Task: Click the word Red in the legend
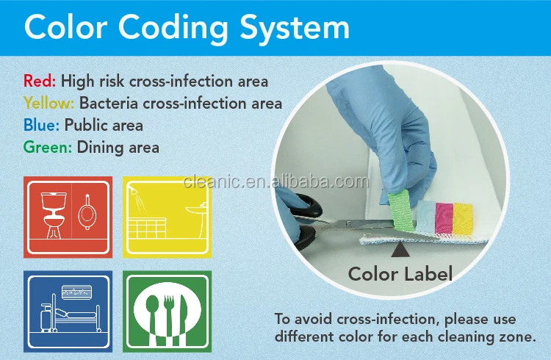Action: pyautogui.click(x=40, y=82)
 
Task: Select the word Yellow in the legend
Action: pyautogui.click(x=48, y=104)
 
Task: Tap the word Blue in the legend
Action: pyautogui.click(x=41, y=125)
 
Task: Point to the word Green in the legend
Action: pyautogui.click(x=48, y=147)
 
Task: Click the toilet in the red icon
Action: pyautogui.click(x=54, y=215)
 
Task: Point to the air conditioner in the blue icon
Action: pyautogui.click(x=76, y=292)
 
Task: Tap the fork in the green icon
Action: pyautogui.click(x=169, y=315)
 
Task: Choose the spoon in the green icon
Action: pyautogui.click(x=153, y=314)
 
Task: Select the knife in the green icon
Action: pyautogui.click(x=184, y=314)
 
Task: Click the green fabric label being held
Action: pyautogui.click(x=402, y=210)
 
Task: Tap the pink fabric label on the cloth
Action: pyautogui.click(x=444, y=218)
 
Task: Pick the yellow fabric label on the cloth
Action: pyautogui.click(x=463, y=219)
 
